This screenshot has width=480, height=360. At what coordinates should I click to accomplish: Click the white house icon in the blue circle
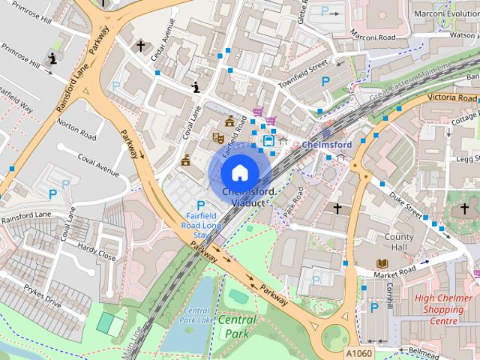click(238, 172)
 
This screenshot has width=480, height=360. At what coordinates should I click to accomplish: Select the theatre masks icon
click(218, 137)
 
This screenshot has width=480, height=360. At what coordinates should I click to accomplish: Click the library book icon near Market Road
click(382, 263)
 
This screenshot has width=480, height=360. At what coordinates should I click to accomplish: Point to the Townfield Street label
click(304, 76)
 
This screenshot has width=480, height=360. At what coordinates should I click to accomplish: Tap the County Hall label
click(399, 242)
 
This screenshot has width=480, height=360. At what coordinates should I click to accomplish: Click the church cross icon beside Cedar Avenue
click(140, 46)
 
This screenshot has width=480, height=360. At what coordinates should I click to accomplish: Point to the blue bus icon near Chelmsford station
click(268, 140)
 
